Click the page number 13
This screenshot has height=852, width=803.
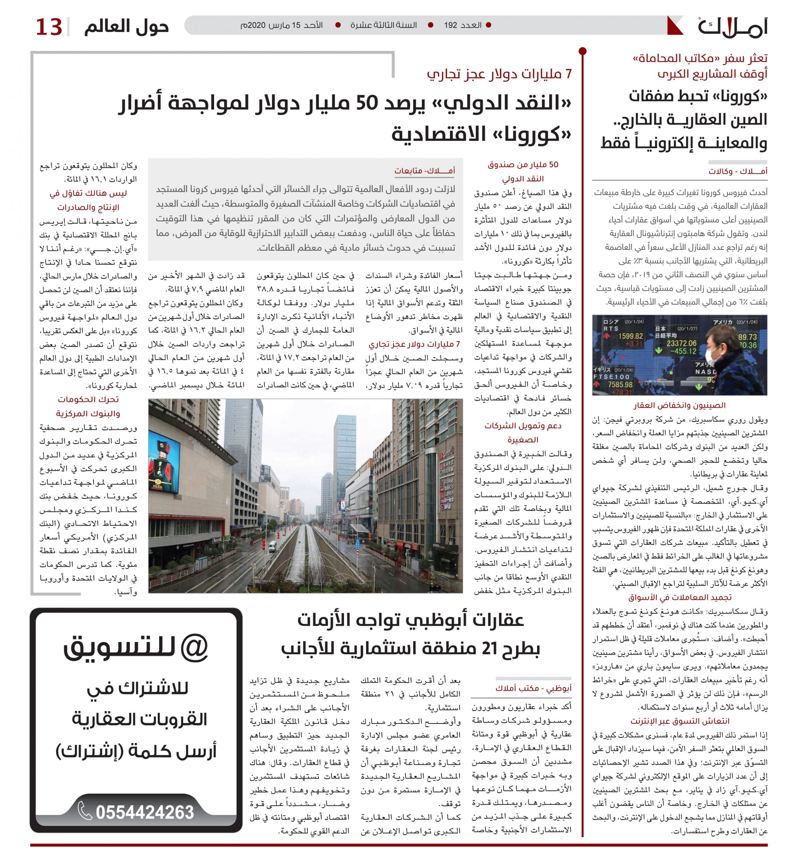tap(49, 27)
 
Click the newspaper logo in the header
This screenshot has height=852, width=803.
tap(732, 27)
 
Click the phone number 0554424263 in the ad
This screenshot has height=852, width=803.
tap(144, 812)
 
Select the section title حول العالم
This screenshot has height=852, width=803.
tap(127, 27)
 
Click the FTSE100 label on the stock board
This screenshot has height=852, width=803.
tap(612, 377)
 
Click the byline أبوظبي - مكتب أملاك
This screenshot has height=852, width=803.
tap(533, 689)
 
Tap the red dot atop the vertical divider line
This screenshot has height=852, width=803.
tap(582, 52)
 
